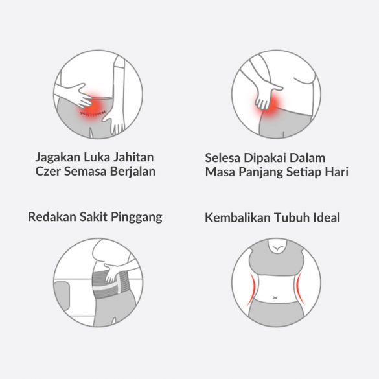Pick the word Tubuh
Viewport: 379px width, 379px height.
(293, 217)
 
